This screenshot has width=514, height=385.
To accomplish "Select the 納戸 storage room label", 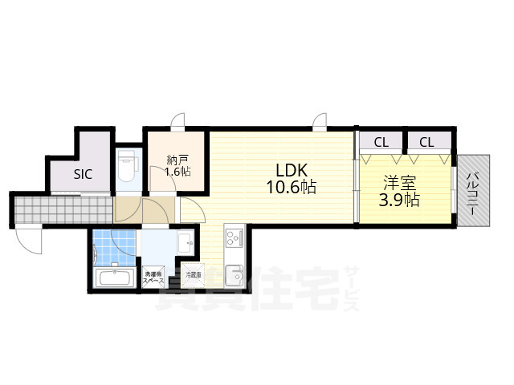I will tap(177, 158).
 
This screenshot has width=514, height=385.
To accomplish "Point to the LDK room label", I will tap(291, 170).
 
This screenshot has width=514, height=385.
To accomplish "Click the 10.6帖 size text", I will tap(291, 188).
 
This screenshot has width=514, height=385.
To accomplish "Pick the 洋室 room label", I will tap(399, 182).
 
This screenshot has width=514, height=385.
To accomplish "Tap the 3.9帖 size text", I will tap(399, 200).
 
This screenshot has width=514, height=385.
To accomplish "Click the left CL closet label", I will tap(381, 143).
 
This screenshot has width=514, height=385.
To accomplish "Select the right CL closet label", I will tap(426, 143).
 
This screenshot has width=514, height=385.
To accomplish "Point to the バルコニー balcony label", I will tap(473, 197).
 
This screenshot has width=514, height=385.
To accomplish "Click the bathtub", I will tap(115, 278).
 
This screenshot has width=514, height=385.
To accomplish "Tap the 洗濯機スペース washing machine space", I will tap(153, 278).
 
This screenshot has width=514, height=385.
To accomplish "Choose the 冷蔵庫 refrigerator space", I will tap(194, 275).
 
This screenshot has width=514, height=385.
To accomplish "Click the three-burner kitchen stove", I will tap(234, 237).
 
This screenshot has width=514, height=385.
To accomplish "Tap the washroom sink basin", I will tap(184, 241).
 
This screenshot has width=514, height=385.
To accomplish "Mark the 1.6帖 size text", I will tap(177, 172).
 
